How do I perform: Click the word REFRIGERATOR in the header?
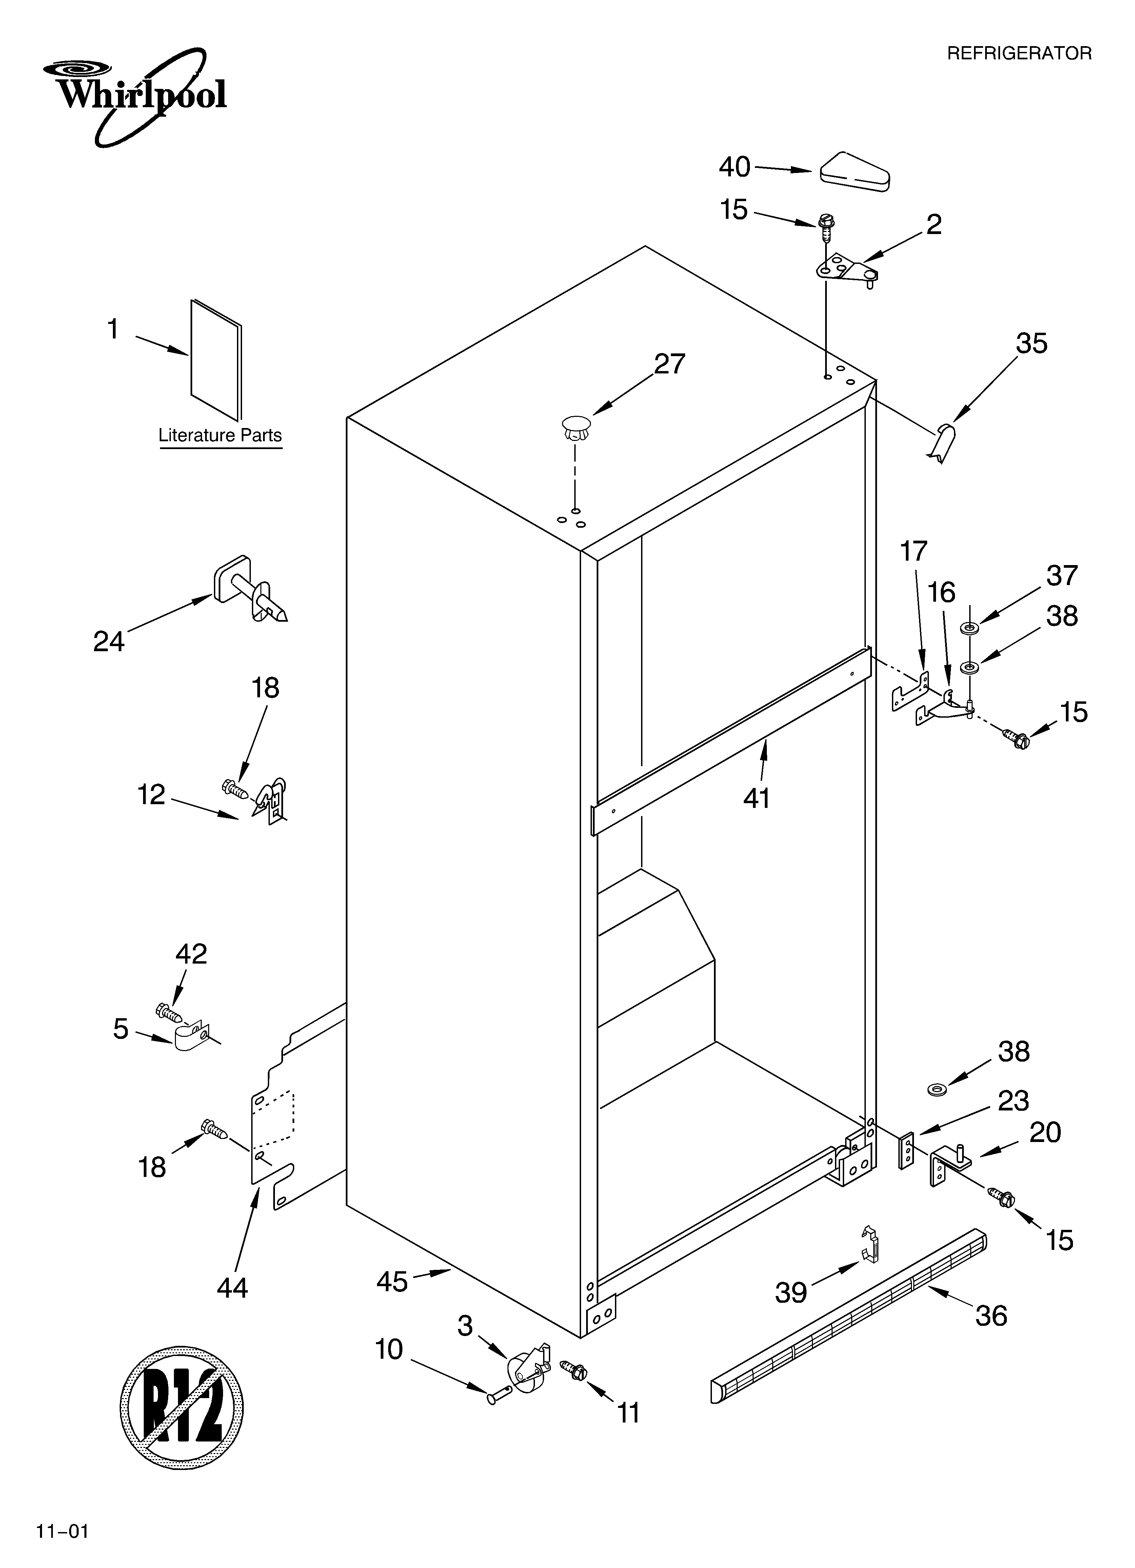pyautogui.click(x=1019, y=53)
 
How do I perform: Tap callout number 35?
pyautogui.click(x=1031, y=344)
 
